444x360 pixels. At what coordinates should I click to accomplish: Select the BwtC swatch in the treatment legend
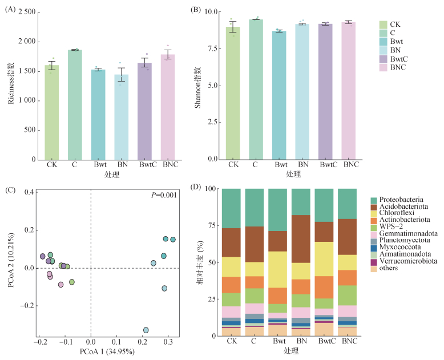pyautogui.click(x=384, y=59)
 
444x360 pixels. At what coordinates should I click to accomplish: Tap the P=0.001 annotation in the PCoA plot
pyautogui.click(x=163, y=195)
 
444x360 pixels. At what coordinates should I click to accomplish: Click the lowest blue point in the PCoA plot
pyautogui.click(x=146, y=330)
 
